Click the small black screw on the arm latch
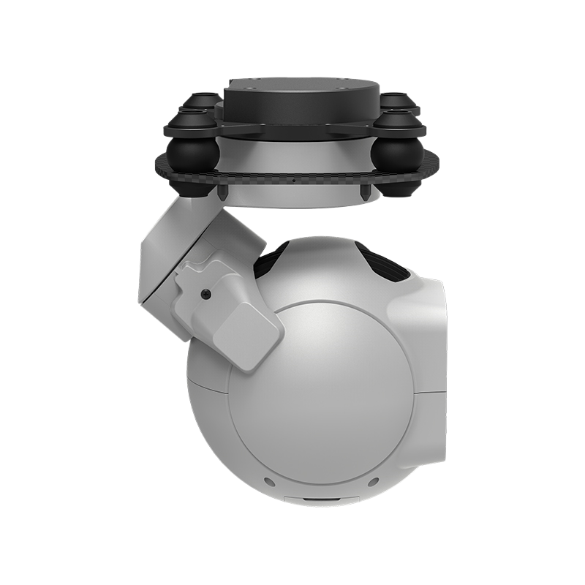205,293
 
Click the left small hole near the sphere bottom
269,483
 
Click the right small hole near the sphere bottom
374,483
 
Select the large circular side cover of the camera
322,395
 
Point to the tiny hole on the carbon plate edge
292,181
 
